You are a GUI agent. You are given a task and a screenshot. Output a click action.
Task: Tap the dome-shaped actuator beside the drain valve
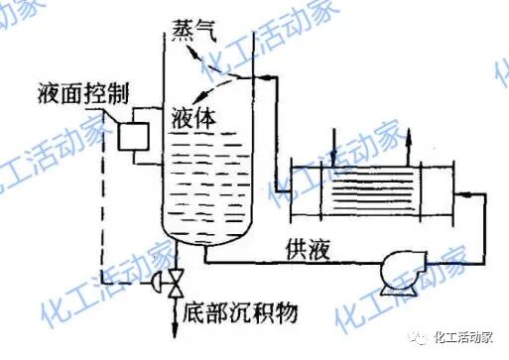pyautogui.click(x=157, y=283)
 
